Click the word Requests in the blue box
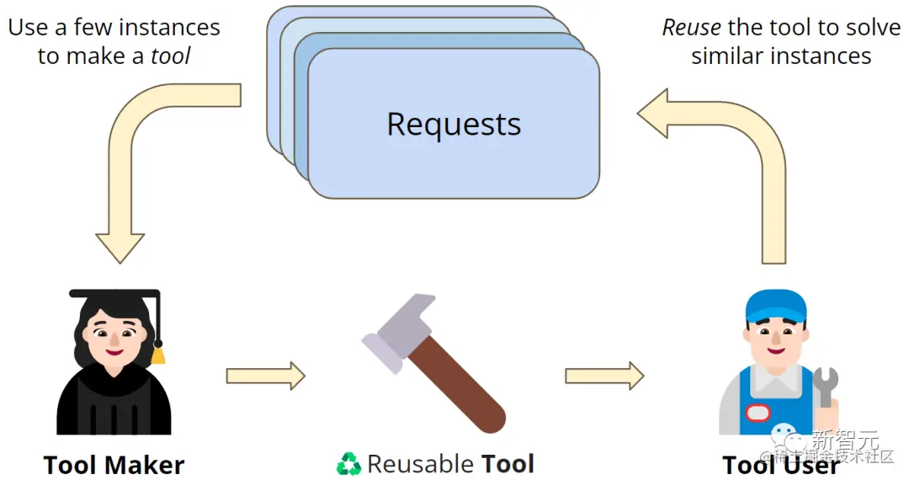(454, 125)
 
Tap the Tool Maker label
(114, 465)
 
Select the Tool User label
(781, 465)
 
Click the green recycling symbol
(348, 464)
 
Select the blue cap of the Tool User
(775, 306)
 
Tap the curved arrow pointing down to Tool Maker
(143, 160)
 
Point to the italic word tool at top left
(171, 56)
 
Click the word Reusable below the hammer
(420, 464)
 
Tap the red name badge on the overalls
(757, 413)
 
